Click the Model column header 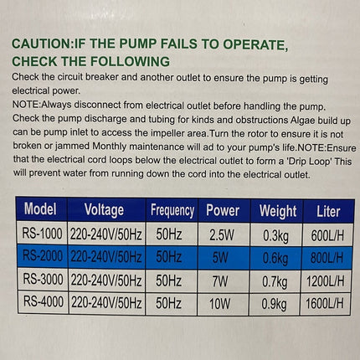click(40, 209)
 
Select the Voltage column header click(104, 209)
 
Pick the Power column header click(221, 210)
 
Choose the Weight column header click(277, 211)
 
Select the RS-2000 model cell click(40, 255)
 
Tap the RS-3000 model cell click(40, 278)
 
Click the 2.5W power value click(221, 234)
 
